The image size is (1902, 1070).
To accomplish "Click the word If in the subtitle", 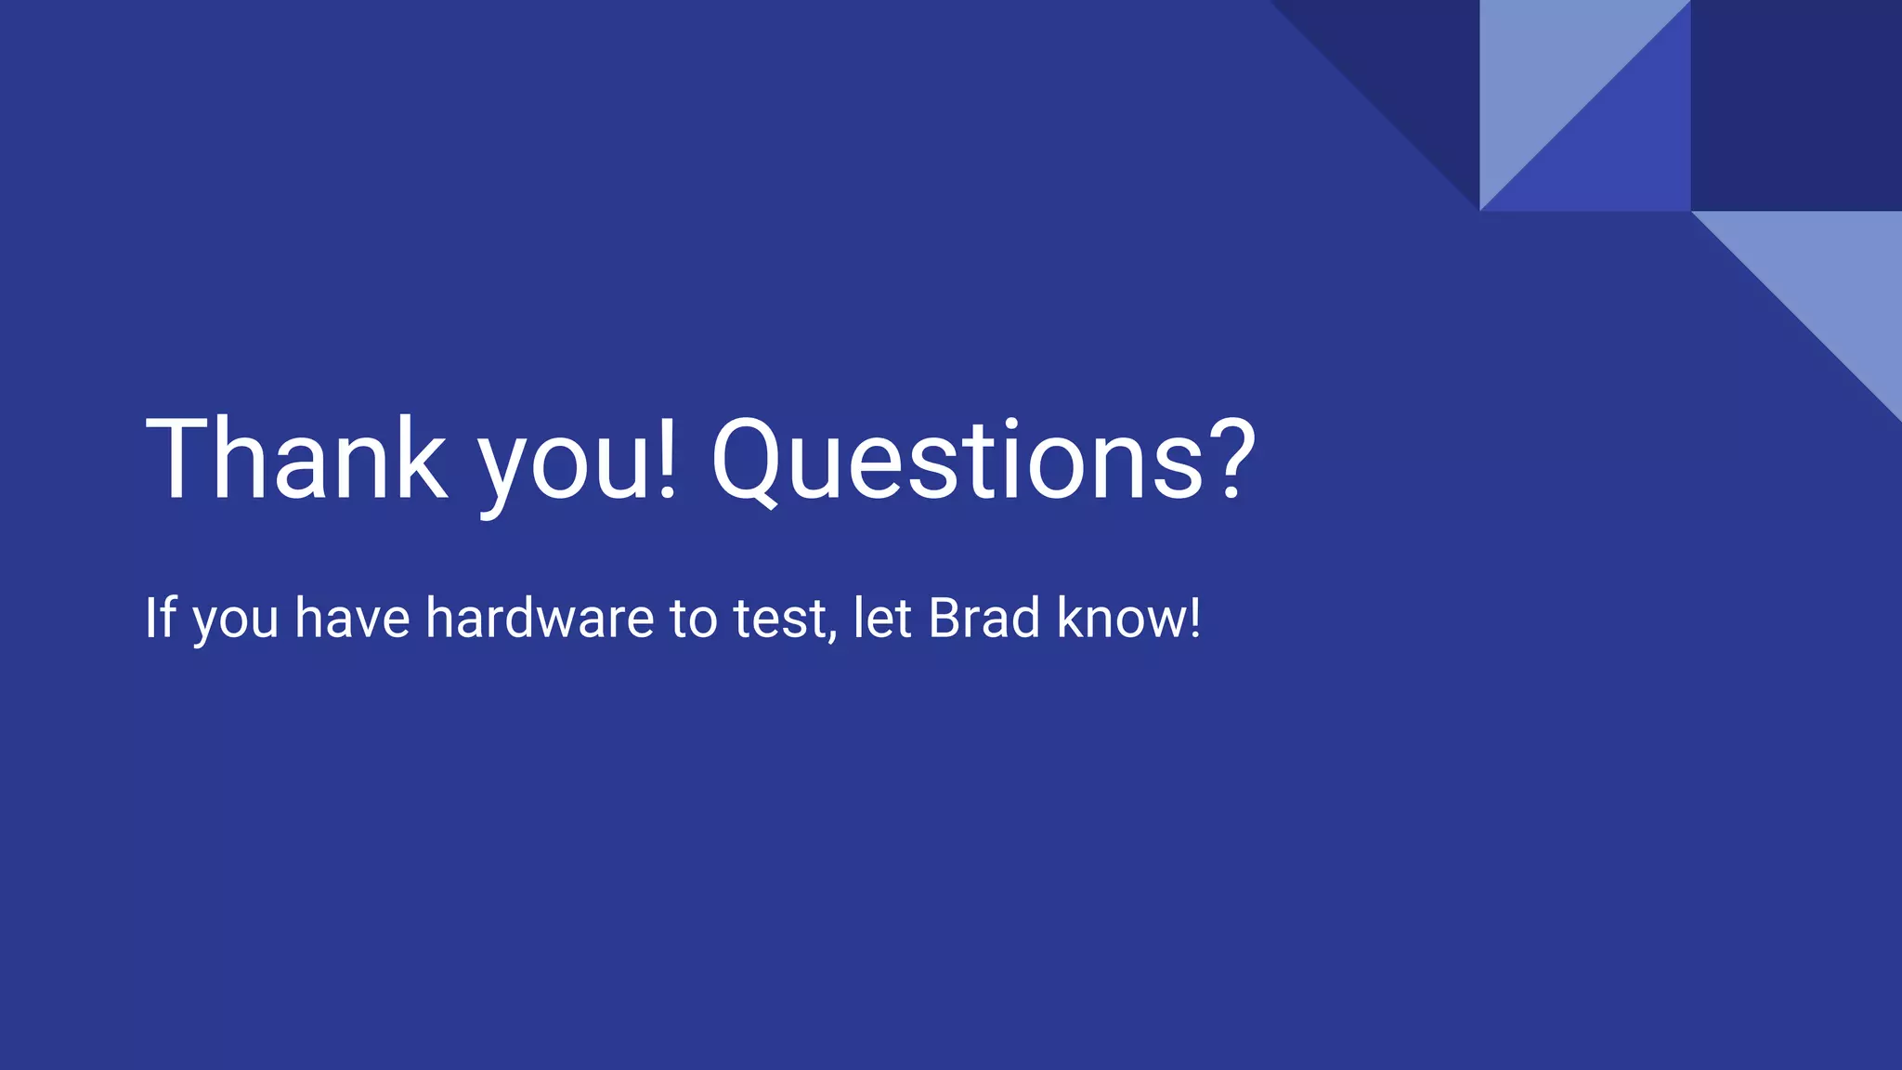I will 160,618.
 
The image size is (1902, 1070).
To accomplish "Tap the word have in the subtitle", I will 352,618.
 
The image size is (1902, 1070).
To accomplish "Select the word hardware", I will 540,618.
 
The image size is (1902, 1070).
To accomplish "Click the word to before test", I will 693,620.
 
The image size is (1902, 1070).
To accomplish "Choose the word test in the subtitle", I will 778,620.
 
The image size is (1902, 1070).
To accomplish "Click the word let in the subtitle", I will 882,618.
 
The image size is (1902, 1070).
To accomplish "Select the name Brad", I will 984,618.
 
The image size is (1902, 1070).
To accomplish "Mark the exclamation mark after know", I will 1194,618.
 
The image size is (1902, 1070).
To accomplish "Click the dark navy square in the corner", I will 1796,105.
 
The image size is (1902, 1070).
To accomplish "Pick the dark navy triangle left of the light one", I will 1421,65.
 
